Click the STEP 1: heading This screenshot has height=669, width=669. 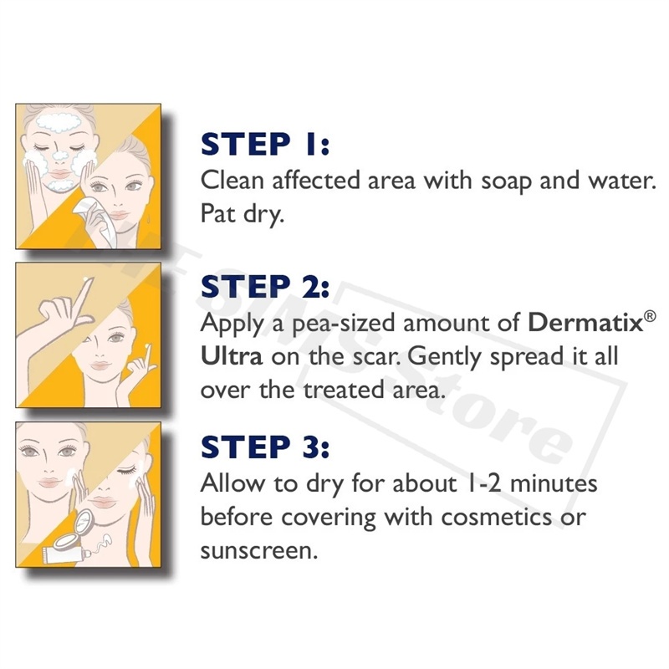(x=265, y=144)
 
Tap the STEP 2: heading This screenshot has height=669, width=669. (x=265, y=286)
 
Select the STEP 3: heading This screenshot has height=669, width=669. (x=265, y=447)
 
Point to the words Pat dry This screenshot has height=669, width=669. (x=242, y=215)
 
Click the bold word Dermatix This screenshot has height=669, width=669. (x=585, y=323)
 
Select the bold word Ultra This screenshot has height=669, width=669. (x=232, y=356)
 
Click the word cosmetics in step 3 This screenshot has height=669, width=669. (x=497, y=518)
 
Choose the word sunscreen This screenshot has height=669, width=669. (x=259, y=551)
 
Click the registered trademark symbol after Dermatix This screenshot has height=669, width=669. (x=650, y=317)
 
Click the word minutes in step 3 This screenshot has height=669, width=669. (x=554, y=484)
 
